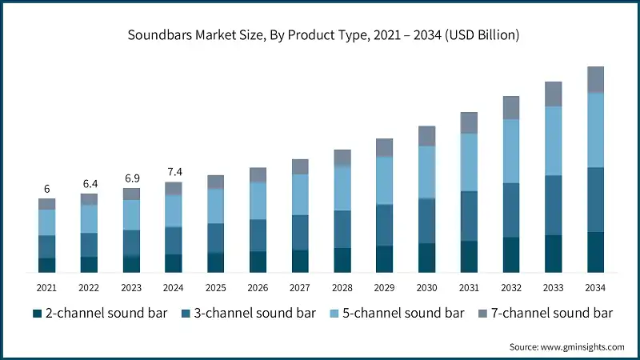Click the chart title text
[x=320, y=35]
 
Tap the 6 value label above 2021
[x=46, y=189]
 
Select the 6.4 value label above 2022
[x=89, y=183]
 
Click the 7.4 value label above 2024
[x=174, y=172]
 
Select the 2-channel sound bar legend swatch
[x=36, y=313]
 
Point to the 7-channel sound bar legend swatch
[x=482, y=313]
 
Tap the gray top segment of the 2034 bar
[x=595, y=79]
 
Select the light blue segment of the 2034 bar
[x=595, y=130]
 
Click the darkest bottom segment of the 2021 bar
[x=46, y=266]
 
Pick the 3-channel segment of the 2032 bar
[x=511, y=210]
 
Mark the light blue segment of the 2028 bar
[x=342, y=188]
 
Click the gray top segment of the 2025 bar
[x=216, y=182]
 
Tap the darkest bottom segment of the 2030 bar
[x=426, y=258]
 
